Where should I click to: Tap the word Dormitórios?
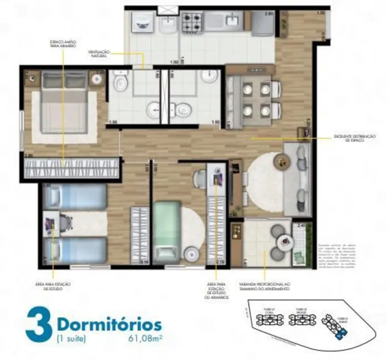(x=110, y=323)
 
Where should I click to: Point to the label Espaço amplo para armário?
(x=63, y=43)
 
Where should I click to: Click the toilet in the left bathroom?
(x=121, y=83)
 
